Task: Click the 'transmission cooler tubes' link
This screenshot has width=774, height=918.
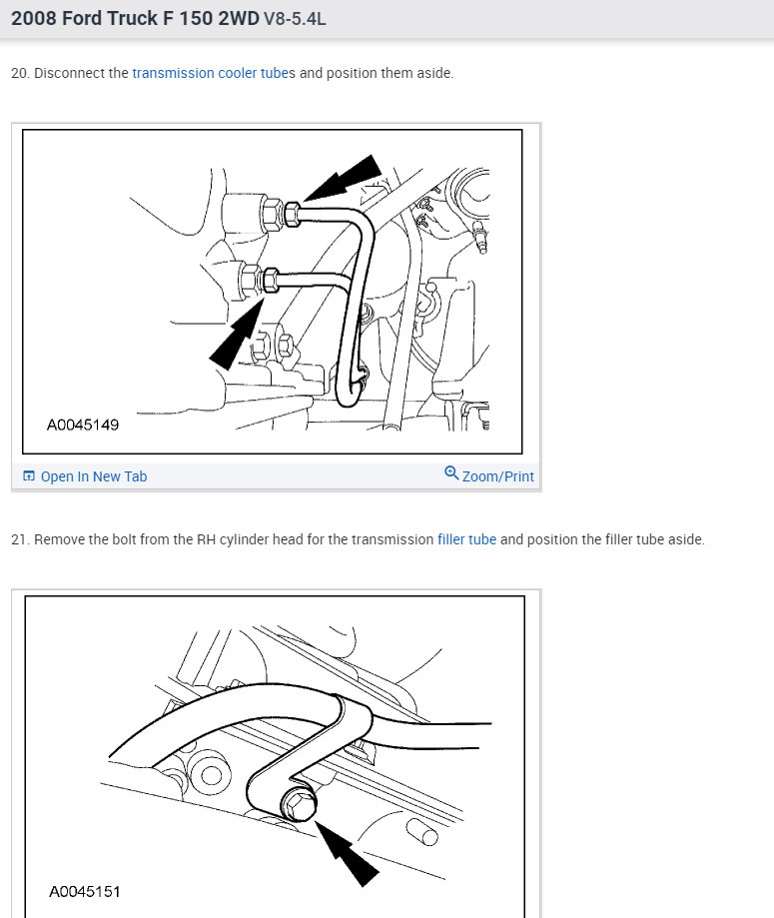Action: point(214,73)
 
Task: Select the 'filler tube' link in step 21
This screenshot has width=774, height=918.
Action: point(466,539)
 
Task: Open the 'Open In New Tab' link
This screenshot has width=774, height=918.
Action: point(94,476)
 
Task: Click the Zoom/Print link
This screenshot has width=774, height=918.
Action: point(497,476)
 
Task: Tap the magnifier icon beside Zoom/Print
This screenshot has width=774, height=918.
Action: point(451,473)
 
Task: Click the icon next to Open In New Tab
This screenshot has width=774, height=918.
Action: point(29,475)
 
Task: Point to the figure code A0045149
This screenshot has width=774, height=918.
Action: point(83,425)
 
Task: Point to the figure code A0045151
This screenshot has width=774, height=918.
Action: point(85,892)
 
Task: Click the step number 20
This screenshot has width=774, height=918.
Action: point(19,73)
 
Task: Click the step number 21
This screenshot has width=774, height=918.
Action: point(19,539)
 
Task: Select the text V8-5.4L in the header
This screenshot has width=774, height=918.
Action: point(295,19)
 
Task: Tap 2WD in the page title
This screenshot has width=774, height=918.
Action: point(239,18)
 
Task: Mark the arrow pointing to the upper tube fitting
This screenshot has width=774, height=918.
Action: point(343,178)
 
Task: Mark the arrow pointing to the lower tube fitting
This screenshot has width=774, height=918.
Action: point(237,333)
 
